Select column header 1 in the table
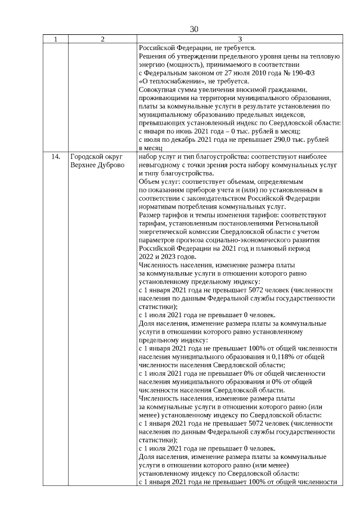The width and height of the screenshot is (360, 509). [x=55, y=39]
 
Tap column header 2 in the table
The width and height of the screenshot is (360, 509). [x=102, y=39]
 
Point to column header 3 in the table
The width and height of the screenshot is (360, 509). [x=240, y=39]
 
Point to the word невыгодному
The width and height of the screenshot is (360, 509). [x=161, y=165]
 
